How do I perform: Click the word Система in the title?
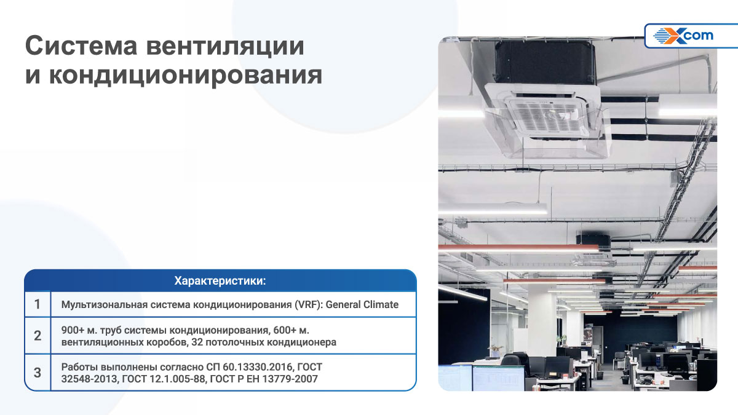81,45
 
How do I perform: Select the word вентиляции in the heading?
225,46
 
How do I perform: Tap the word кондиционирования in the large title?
186,76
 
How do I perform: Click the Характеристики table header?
220,280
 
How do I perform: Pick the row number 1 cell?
38,304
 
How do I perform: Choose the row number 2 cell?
38,336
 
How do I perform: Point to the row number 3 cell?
38,373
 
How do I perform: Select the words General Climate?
362,305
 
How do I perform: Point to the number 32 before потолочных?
197,342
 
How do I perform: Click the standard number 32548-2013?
89,379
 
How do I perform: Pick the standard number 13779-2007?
290,379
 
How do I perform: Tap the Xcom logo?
683,36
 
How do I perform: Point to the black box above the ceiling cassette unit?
545,63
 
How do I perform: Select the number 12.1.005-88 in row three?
178,379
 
